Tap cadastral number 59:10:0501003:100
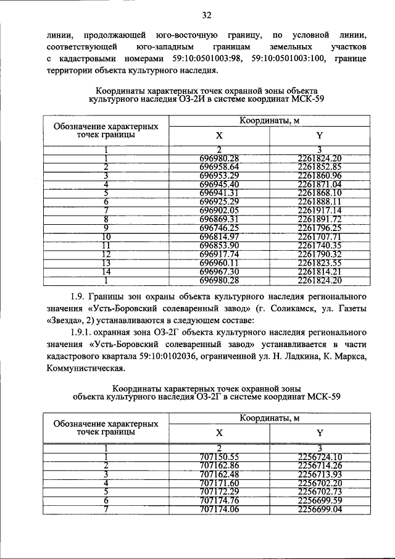click(x=291, y=59)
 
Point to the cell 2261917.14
click(x=319, y=209)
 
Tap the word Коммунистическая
click(x=85, y=370)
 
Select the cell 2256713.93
click(x=319, y=474)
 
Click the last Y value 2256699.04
click(x=319, y=508)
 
